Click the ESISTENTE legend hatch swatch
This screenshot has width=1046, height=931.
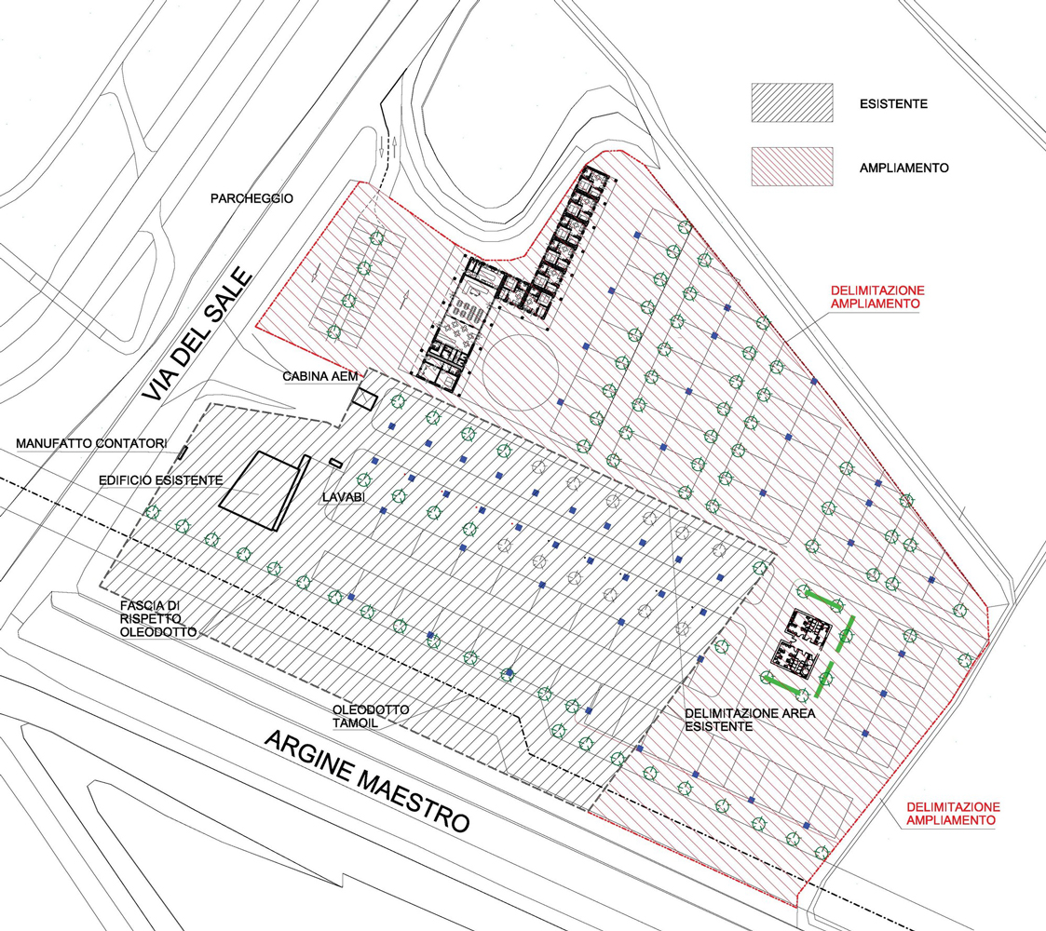click(792, 102)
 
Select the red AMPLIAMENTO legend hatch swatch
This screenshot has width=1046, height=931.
click(792, 166)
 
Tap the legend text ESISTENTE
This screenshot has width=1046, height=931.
click(893, 104)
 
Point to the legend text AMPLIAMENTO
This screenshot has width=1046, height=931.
click(903, 169)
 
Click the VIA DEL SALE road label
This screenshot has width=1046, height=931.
click(197, 335)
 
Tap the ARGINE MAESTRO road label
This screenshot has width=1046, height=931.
click(368, 781)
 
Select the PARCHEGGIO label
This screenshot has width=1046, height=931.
click(251, 198)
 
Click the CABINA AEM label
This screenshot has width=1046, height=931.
click(320, 377)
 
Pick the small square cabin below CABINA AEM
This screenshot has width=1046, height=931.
click(365, 398)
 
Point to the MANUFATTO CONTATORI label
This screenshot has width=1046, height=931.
click(91, 443)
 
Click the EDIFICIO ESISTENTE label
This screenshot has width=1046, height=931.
click(161, 480)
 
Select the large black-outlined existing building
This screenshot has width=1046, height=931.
click(265, 492)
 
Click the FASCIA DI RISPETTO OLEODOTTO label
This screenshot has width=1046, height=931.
click(158, 619)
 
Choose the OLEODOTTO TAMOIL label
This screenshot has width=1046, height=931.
click(370, 716)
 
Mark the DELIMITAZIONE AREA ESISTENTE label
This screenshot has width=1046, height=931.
click(750, 720)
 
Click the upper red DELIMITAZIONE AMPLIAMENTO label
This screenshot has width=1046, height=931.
click(877, 297)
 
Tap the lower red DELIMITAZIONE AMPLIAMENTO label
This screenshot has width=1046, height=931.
click(953, 814)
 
